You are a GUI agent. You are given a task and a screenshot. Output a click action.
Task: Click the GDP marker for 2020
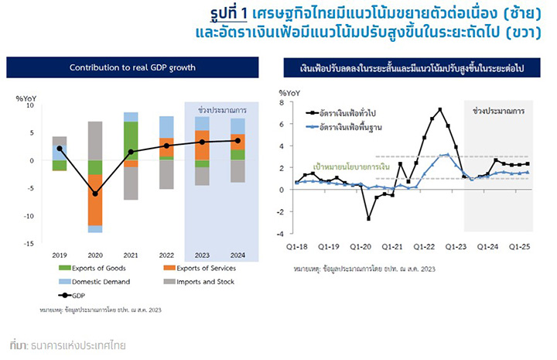pos(95,194)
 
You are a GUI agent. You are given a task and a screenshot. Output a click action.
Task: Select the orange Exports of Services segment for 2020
pos(95,200)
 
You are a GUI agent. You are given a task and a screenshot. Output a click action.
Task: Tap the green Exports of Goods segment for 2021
pos(131,141)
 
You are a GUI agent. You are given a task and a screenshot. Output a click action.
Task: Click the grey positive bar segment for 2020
pos(95,141)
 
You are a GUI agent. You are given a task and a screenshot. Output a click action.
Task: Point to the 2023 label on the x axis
pos(202,255)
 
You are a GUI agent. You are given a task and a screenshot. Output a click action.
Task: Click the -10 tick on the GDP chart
pos(29,216)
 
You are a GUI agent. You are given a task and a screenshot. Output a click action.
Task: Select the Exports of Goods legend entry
pos(92,268)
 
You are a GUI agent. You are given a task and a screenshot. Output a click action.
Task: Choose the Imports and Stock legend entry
pos(199,282)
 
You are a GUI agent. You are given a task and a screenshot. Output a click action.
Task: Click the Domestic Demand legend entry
pos(94,282)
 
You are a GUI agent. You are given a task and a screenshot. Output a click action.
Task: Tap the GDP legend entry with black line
pos(72,295)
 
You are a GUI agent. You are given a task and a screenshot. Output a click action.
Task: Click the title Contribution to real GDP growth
pos(132,67)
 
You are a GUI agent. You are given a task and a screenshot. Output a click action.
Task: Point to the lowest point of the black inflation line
pos(369,219)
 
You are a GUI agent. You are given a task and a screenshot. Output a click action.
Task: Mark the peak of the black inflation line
pos(440,109)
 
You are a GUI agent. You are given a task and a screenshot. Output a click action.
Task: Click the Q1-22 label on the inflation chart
pos(424,247)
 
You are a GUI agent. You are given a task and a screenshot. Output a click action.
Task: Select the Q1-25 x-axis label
pos(519,247)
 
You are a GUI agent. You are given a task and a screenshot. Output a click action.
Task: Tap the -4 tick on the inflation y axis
pos(280,234)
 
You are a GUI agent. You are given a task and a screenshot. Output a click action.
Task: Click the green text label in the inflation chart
pos(351,166)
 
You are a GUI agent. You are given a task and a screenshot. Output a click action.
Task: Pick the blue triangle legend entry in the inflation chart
pos(343,127)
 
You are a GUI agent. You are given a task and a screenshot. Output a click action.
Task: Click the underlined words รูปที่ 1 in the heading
pos(228,14)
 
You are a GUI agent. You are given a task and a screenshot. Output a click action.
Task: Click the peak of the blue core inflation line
pos(448,155)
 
